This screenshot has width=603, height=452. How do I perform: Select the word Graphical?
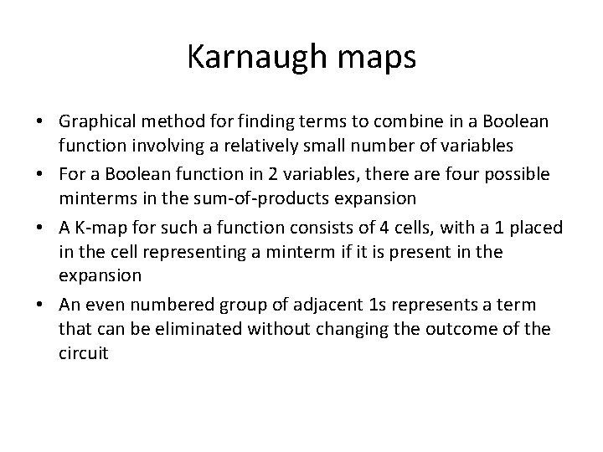(x=95, y=121)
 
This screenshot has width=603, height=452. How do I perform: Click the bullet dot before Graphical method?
(x=39, y=122)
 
